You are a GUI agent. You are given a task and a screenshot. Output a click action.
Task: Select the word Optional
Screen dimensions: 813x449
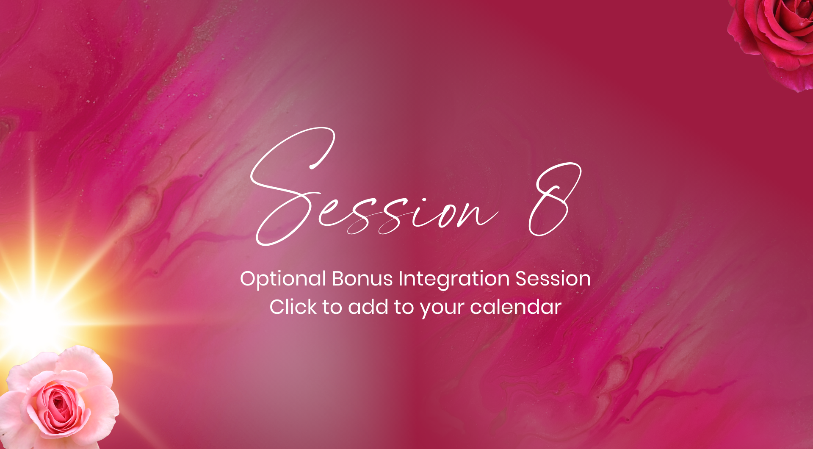tap(283, 280)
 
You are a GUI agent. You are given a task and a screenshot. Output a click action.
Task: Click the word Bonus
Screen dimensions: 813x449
tap(362, 279)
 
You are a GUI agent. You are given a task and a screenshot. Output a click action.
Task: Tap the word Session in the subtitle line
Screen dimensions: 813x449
tap(553, 279)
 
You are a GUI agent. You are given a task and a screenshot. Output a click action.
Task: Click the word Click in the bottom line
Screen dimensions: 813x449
tap(293, 307)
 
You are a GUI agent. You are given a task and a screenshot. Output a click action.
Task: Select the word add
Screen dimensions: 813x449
tap(368, 307)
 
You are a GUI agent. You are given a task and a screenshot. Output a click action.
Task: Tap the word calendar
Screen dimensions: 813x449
tap(516, 307)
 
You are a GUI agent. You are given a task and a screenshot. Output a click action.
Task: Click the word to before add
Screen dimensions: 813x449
tap(332, 308)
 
